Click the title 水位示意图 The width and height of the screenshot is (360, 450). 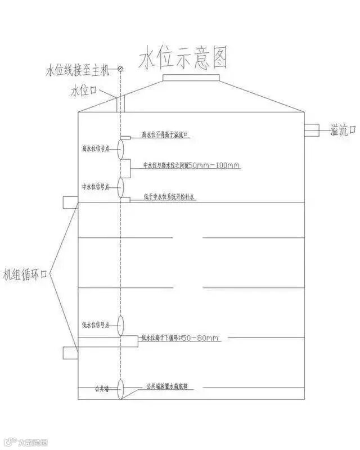[x=184, y=58]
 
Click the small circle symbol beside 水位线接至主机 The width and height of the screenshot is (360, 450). [x=120, y=70]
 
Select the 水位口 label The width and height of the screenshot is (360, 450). [x=84, y=90]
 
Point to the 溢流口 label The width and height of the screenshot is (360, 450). [x=343, y=130]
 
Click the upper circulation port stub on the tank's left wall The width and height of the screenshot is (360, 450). [x=70, y=202]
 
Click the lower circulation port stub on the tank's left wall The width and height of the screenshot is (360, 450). [x=70, y=352]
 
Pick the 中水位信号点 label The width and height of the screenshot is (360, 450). [x=97, y=186]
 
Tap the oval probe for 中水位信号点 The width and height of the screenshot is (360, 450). [x=120, y=187]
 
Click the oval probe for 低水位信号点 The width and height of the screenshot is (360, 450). [x=120, y=326]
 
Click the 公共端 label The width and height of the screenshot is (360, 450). [x=101, y=389]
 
